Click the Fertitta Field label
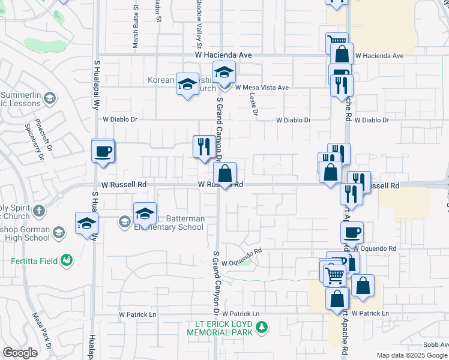[x=35, y=260]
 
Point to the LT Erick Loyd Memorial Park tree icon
[x=262, y=328]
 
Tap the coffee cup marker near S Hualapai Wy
[x=103, y=151]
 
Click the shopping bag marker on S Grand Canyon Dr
[x=224, y=175]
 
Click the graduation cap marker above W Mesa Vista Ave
[x=224, y=73]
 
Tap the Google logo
[x=20, y=353]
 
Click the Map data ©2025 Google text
[x=411, y=355]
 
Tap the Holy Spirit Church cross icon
[x=39, y=211]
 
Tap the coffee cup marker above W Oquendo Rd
[x=352, y=233]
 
